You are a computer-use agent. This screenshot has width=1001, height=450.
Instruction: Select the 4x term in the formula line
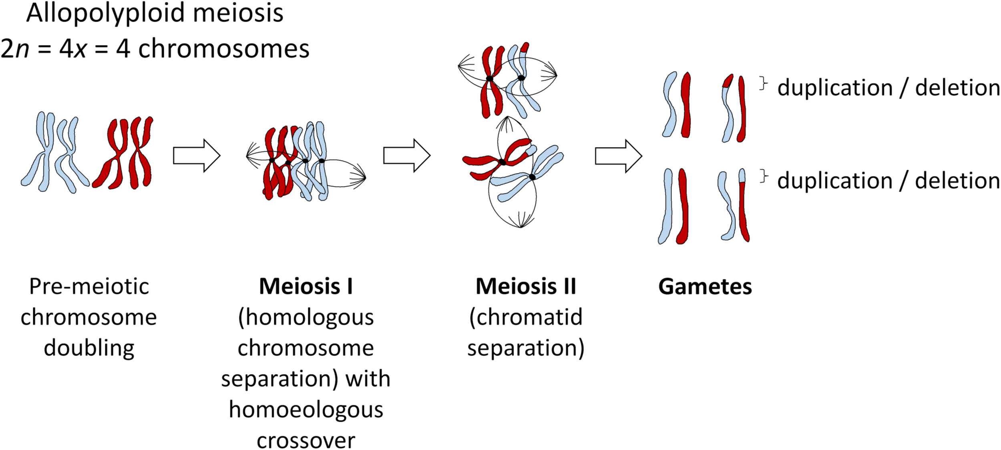click(73, 49)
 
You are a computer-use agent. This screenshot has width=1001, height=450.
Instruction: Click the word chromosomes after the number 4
click(223, 49)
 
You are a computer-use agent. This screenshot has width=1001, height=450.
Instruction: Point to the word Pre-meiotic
click(89, 287)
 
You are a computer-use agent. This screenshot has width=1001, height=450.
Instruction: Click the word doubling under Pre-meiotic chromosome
click(89, 348)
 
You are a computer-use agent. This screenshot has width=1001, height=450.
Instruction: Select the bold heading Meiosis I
click(306, 287)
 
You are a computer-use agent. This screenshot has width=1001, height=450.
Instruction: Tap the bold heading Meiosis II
click(525, 287)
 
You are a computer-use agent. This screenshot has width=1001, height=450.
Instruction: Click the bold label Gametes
click(705, 287)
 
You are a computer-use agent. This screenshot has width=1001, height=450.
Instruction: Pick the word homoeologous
click(306, 410)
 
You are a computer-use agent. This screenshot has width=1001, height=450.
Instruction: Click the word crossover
click(306, 440)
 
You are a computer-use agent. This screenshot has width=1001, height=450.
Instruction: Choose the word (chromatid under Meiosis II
click(525, 317)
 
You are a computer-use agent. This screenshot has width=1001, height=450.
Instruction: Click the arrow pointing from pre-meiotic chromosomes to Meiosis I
click(197, 156)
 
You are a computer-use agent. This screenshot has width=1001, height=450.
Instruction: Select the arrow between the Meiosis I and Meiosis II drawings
click(407, 156)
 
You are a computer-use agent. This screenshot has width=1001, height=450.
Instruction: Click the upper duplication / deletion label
click(888, 88)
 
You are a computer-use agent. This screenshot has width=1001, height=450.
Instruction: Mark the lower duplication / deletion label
click(888, 181)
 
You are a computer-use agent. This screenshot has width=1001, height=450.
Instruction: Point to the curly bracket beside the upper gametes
click(763, 84)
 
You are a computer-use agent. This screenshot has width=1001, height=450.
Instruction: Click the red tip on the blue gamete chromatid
click(728, 81)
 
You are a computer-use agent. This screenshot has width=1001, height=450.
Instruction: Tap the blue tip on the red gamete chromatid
click(742, 175)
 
